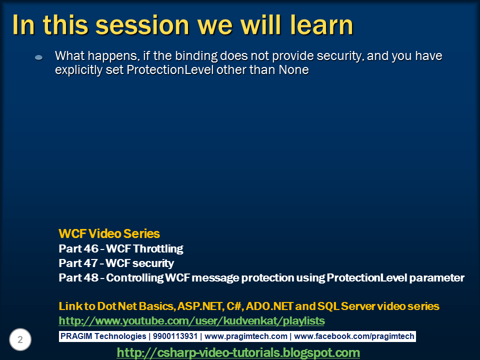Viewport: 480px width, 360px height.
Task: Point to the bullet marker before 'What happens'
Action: (39, 57)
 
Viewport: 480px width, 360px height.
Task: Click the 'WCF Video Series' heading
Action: (109, 233)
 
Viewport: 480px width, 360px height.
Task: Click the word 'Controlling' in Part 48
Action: (134, 278)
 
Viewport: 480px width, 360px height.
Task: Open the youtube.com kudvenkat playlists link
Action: (191, 320)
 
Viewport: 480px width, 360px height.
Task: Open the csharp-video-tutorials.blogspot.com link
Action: (238, 352)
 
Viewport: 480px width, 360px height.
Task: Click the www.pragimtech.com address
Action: (246, 336)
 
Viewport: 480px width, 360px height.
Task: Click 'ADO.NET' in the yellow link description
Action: (268, 306)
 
